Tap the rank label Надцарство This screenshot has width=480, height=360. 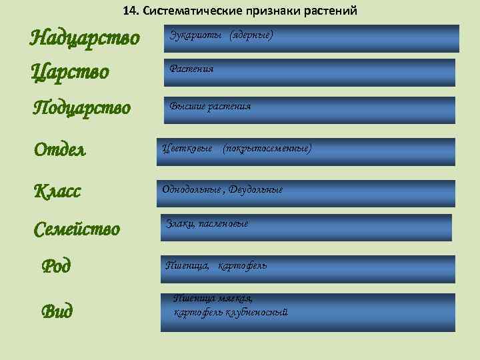(85, 38)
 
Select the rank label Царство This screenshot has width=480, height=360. (70, 71)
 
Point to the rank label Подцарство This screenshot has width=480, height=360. (82, 107)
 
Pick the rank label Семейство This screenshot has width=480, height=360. (77, 229)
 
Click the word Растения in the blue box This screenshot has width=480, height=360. (191, 69)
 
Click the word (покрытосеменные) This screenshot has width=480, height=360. (267, 147)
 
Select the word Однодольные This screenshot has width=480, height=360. (192, 189)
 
